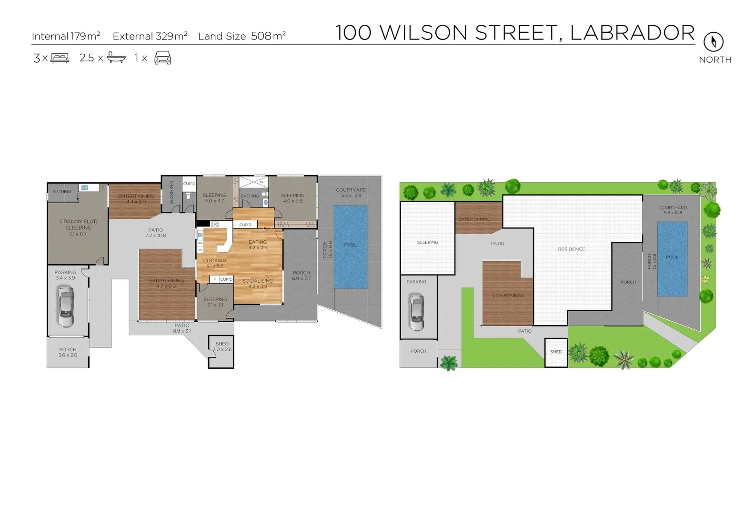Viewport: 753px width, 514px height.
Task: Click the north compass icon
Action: click(713, 42)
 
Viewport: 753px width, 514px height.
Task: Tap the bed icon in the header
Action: click(60, 58)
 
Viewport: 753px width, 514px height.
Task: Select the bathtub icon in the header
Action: click(116, 58)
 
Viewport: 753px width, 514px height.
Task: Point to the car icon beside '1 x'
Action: click(163, 58)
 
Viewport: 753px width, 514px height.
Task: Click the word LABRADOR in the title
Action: click(632, 33)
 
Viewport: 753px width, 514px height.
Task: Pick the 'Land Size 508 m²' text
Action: click(241, 36)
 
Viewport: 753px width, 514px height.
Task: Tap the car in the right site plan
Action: click(416, 312)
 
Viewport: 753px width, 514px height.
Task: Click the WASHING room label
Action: click(171, 192)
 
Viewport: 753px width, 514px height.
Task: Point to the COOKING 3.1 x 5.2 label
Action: click(214, 263)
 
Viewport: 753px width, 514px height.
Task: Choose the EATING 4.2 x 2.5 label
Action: click(258, 245)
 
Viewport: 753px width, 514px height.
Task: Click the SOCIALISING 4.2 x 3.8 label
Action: click(258, 284)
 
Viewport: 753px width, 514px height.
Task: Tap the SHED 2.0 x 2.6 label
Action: click(222, 346)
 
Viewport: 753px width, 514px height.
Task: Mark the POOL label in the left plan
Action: click(350, 245)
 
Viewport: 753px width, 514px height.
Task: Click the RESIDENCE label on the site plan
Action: click(571, 249)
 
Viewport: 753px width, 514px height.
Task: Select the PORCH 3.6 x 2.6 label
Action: click(68, 352)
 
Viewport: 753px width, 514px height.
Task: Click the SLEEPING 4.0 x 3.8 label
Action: click(292, 198)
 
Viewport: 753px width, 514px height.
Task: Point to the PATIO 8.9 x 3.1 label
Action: click(181, 328)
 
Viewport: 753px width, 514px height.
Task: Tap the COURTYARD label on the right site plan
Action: click(673, 210)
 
